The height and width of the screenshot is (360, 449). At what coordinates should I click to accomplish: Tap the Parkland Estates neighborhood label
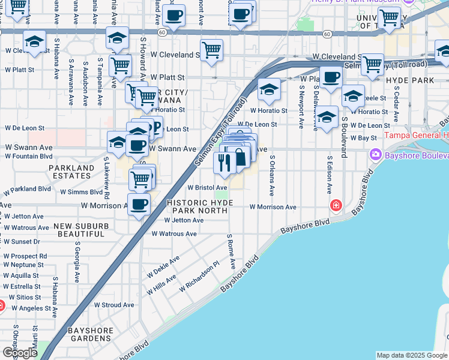(71, 172)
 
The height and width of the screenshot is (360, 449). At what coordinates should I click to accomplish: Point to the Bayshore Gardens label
(91, 334)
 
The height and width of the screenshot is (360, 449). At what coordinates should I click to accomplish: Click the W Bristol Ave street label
(206, 188)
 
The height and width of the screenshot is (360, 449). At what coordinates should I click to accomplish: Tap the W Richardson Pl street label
(200, 277)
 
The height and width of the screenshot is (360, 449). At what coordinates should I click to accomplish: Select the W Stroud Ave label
(113, 305)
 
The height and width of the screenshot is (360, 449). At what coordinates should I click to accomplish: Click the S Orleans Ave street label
(272, 176)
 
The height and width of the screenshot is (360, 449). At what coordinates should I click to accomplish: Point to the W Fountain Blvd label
(29, 156)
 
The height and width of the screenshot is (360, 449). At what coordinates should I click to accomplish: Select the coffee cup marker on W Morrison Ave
(139, 205)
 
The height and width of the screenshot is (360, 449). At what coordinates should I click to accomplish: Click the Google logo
(20, 353)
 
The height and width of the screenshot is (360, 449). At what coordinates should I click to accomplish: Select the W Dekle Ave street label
(163, 268)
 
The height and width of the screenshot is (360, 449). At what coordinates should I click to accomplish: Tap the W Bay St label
(363, 138)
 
